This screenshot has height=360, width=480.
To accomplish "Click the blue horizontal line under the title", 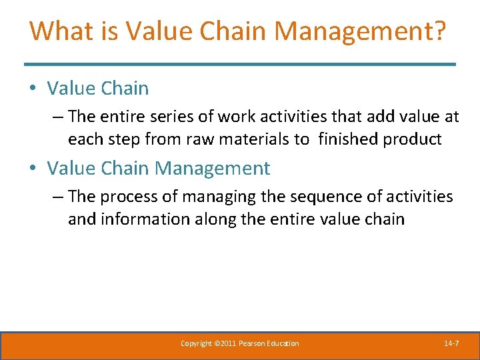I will tap(240, 64).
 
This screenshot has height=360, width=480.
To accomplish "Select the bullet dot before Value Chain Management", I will tap(33, 169).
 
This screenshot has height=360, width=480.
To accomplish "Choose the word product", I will tap(415, 139).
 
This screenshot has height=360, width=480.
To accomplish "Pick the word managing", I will tap(213, 197).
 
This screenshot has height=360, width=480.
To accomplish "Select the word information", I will tap(143, 219).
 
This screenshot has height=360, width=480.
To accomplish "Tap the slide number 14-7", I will tap(451, 343).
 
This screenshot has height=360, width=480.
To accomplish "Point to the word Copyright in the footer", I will tap(196, 343).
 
